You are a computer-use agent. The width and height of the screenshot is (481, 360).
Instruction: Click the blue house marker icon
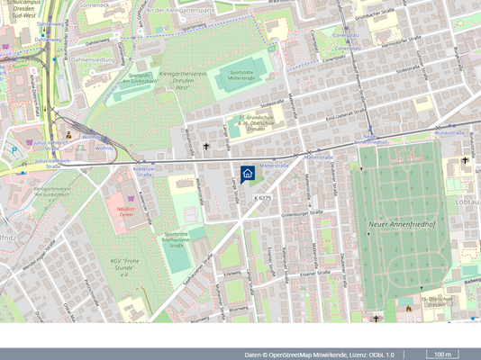pos(249,174)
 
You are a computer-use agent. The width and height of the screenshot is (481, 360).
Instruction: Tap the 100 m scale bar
pos(442,355)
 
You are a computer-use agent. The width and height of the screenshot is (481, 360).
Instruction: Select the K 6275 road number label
pos(262,197)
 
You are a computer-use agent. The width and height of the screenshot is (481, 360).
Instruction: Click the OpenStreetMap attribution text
pos(319,355)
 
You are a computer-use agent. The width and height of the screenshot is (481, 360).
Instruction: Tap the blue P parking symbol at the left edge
pos(13,151)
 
